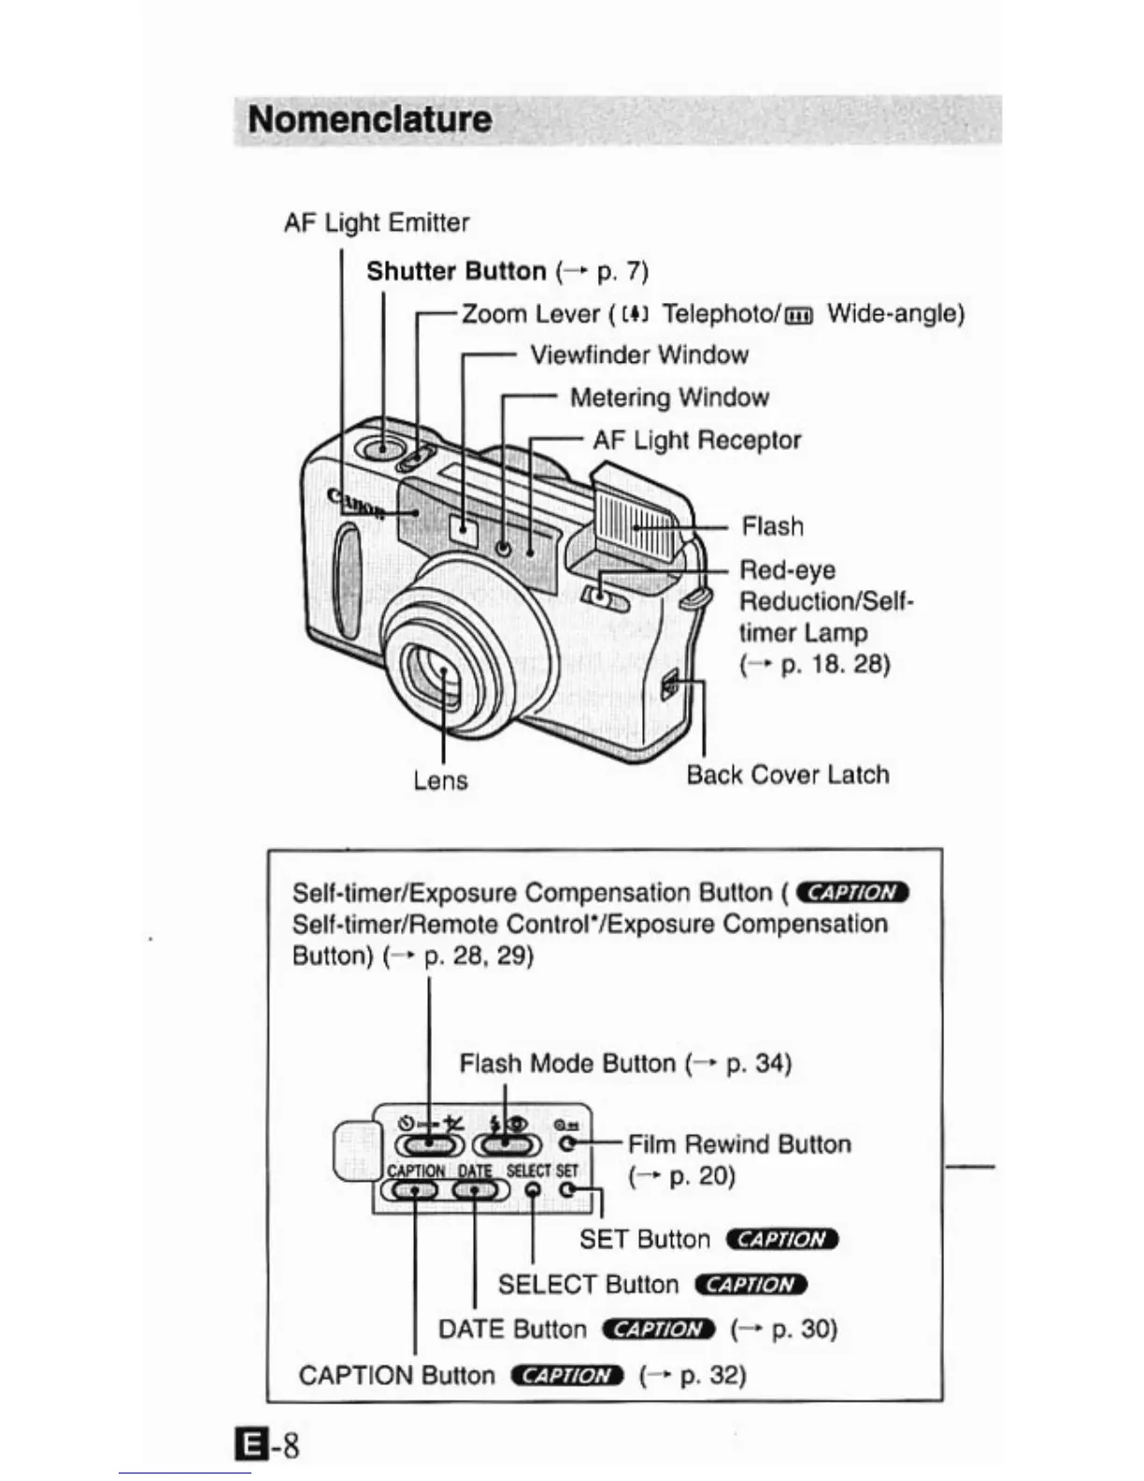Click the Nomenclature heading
369,120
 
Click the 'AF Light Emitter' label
376,223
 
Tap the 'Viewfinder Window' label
639,355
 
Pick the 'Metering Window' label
669,398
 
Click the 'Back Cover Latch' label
787,775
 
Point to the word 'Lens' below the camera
440,781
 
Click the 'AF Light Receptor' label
696,440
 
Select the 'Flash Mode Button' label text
566,1064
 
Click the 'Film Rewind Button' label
739,1144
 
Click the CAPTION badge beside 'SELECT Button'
751,1285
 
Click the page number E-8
268,1445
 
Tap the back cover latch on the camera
669,689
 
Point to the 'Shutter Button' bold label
456,272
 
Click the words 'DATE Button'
512,1330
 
